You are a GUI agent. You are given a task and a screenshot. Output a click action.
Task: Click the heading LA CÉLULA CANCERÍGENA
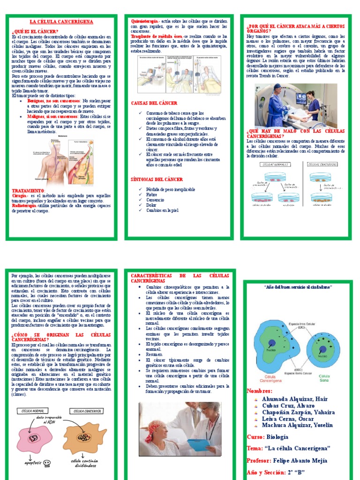click(61, 22)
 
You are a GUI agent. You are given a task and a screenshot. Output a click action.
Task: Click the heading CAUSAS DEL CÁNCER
click(154, 102)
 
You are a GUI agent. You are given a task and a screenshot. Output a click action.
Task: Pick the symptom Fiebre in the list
click(151, 195)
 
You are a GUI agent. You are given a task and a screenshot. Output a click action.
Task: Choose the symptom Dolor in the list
click(151, 205)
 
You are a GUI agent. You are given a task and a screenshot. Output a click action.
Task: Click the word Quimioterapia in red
click(144, 22)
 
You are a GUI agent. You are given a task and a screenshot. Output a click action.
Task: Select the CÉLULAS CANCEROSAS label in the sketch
click(323, 164)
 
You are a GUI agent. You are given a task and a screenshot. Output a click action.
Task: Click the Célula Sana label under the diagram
click(324, 378)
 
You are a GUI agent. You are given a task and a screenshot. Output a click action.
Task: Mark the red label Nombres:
click(259, 391)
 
